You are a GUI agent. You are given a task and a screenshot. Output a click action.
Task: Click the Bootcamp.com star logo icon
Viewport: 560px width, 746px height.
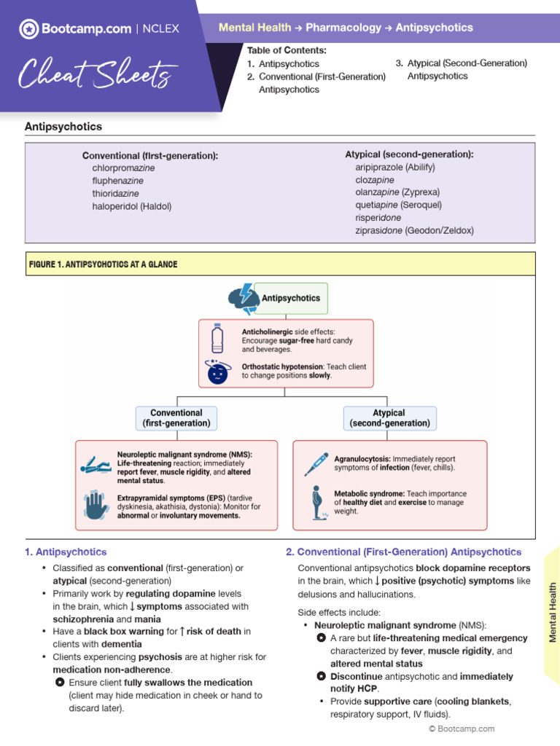(x=29, y=29)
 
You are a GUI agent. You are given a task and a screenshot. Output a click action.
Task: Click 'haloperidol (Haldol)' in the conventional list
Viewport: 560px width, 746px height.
(x=132, y=206)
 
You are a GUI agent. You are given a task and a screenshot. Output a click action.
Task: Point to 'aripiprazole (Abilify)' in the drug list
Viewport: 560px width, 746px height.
(x=397, y=166)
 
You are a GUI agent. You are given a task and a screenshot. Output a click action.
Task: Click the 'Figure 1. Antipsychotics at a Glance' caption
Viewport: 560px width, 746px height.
(x=103, y=264)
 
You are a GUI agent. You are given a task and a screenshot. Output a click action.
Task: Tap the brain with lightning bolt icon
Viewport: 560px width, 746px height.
(x=243, y=298)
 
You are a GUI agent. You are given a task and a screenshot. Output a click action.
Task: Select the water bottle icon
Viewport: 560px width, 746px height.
(x=217, y=339)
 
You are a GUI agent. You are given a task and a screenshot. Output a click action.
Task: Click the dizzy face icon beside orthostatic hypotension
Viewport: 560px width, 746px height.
(x=217, y=372)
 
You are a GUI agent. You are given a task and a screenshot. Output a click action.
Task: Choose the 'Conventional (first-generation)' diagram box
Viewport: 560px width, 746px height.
(x=176, y=418)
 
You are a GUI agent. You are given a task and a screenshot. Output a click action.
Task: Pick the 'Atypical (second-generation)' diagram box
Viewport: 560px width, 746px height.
(x=389, y=418)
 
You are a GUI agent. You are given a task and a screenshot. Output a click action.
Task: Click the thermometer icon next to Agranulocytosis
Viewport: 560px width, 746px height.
(x=316, y=463)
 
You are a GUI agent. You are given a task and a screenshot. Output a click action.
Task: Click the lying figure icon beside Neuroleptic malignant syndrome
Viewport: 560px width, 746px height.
(x=96, y=466)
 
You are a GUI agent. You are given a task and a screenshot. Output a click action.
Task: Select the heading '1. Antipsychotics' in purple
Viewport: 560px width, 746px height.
(x=66, y=552)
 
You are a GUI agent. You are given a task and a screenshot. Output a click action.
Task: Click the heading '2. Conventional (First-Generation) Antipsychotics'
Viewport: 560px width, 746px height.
(x=403, y=552)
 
